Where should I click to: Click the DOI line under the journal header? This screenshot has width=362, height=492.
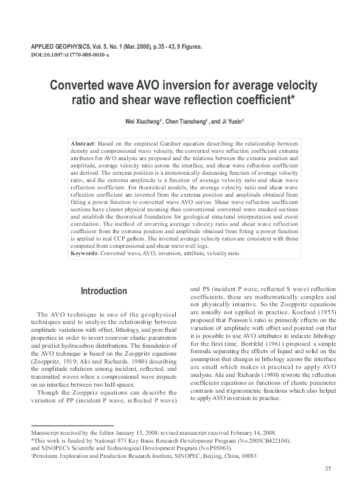coord(69,55)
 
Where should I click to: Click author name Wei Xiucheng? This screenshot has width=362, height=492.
coord(142,122)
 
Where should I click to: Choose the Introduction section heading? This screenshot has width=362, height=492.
coord(104,291)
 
